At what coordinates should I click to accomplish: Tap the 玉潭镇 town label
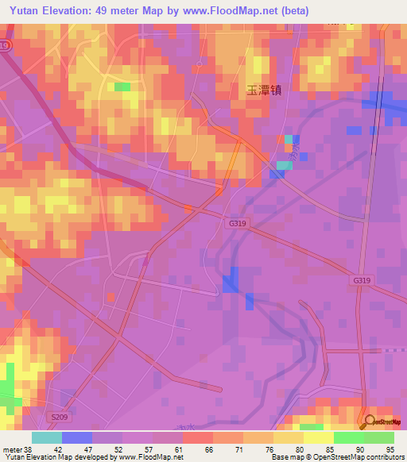(x=253, y=90)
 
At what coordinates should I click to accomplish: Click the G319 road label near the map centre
(x=238, y=224)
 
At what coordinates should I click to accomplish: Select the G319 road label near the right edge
(x=362, y=281)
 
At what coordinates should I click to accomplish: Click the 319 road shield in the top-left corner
(x=6, y=47)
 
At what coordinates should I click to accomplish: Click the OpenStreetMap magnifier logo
(x=370, y=422)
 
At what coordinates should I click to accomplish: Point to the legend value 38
(x=29, y=449)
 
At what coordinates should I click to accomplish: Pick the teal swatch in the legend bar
(x=47, y=437)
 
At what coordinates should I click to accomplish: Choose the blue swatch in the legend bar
(x=77, y=437)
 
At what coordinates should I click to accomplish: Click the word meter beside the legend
(x=11, y=449)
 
